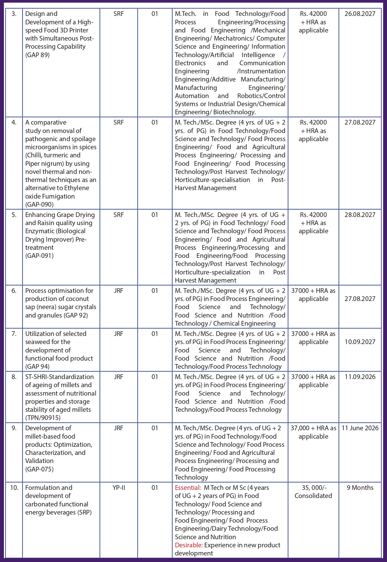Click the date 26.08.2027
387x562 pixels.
point(360,14)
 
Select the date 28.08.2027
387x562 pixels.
point(360,215)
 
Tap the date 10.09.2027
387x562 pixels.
point(360,342)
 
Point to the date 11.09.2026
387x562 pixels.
point(360,377)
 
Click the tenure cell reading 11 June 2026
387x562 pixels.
point(360,428)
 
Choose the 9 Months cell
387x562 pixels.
point(360,488)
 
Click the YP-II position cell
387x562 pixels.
point(119,488)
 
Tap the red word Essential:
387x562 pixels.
point(188,488)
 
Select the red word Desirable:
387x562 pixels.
point(189,545)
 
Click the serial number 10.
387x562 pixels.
point(14,488)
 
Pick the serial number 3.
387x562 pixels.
point(14,14)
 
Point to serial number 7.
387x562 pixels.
point(14,334)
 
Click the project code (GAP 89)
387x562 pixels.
point(37,55)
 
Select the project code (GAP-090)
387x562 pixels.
point(39,205)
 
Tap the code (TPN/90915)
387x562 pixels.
point(43,418)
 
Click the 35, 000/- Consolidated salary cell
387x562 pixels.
point(313,492)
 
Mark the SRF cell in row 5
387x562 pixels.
point(119,215)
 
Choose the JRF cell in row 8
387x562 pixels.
point(119,377)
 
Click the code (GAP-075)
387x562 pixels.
point(39,469)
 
